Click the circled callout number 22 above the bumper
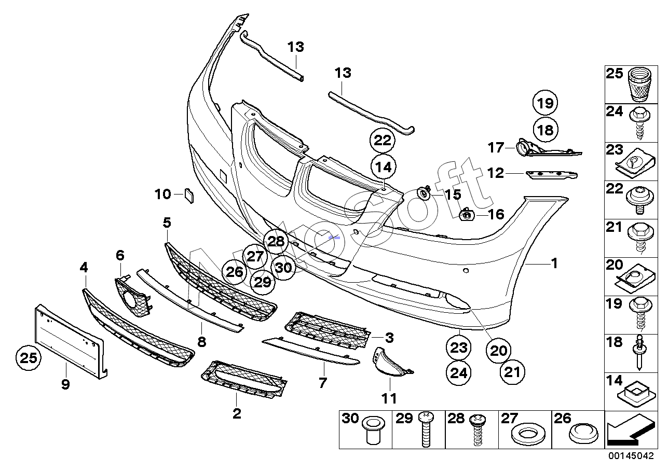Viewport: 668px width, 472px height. point(383,141)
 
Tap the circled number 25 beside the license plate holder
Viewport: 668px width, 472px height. point(29,357)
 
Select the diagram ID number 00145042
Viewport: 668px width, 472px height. point(631,455)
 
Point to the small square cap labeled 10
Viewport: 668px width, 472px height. point(189,196)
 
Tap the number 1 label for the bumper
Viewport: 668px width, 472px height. point(554,263)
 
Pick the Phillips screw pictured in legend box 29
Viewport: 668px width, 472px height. point(426,429)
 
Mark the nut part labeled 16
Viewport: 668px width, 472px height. point(467,215)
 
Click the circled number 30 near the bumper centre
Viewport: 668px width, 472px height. point(283,267)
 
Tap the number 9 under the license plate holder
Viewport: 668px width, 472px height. point(65,384)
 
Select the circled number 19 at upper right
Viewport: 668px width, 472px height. point(545,103)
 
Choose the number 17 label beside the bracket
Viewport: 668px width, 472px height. point(496,147)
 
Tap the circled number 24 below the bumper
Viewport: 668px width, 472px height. point(458,373)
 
